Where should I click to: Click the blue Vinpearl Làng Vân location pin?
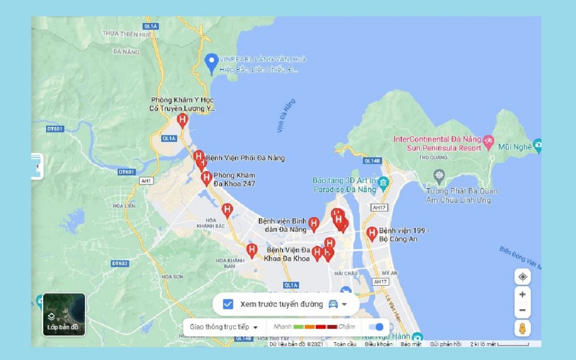click(x=212, y=62)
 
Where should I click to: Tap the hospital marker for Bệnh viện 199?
click(x=372, y=233)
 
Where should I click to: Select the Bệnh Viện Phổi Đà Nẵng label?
click(x=246, y=157)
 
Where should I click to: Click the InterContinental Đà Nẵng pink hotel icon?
click(x=488, y=140)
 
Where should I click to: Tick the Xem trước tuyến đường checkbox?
click(x=228, y=304)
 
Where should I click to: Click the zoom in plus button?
click(x=522, y=295)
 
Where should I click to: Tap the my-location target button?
click(x=522, y=277)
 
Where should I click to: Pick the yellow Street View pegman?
click(x=522, y=328)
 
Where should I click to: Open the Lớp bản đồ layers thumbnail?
click(x=64, y=314)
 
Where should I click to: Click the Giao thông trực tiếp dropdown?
click(x=224, y=327)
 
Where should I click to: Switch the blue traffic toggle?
click(x=376, y=327)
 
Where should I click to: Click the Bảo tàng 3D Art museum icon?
click(x=383, y=183)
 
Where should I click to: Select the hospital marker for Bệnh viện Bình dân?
click(x=314, y=224)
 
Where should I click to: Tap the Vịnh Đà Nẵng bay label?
click(x=286, y=116)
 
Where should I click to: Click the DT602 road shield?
click(x=119, y=263)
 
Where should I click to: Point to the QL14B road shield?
click(x=372, y=161)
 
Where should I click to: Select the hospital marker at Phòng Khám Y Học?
click(x=182, y=120)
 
